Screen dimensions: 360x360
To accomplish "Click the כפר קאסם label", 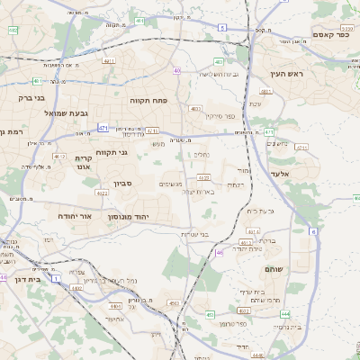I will pyautogui.click(x=331, y=34).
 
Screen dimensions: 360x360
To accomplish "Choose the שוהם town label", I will pyautogui.click(x=275, y=269).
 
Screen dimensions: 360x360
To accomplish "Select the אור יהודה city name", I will pyautogui.click(x=65, y=216).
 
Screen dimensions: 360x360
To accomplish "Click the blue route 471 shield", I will pyautogui.click(x=103, y=129).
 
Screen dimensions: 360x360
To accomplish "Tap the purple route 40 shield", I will pyautogui.click(x=177, y=70).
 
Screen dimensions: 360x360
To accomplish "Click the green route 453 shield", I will pyautogui.click(x=210, y=314).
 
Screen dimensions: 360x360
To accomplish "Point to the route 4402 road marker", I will pyautogui.click(x=170, y=305).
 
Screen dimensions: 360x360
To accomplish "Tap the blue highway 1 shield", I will pyautogui.click(x=56, y=279).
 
